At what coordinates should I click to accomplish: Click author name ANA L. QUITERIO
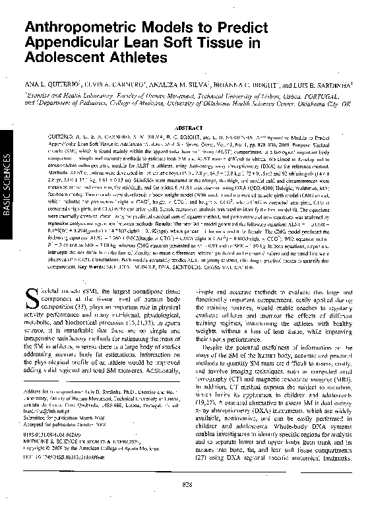pos(50,85)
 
